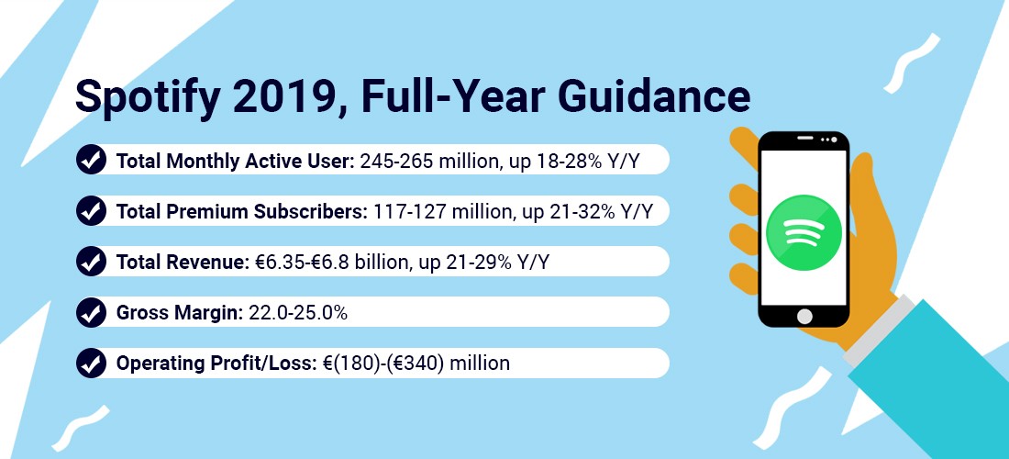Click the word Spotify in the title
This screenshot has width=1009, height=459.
(140, 97)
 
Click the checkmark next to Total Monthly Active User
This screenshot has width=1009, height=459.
(91, 159)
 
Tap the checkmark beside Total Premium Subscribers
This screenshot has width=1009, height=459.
(91, 210)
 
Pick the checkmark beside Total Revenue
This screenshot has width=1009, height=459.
(91, 262)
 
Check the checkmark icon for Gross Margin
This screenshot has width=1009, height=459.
(91, 312)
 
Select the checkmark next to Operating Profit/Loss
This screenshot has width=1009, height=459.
(91, 364)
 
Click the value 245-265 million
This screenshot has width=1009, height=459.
(430, 161)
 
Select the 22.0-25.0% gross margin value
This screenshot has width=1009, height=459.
(298, 313)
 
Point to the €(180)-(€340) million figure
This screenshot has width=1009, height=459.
(415, 364)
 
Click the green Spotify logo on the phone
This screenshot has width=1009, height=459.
(804, 231)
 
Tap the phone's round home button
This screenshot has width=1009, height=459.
(804, 316)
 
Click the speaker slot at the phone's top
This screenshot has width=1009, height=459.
(805, 139)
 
